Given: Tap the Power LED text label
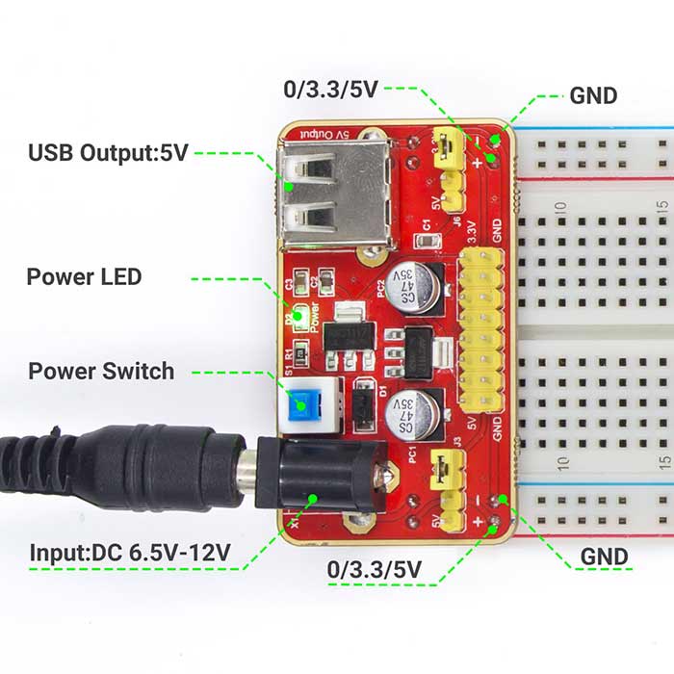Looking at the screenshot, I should point(84,277).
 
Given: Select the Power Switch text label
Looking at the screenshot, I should point(101,371).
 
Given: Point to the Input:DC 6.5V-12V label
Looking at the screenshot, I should point(130,553).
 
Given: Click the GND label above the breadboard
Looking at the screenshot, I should point(593,95).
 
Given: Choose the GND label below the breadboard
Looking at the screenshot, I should point(604,557).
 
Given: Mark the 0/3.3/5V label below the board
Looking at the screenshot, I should point(375,569).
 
